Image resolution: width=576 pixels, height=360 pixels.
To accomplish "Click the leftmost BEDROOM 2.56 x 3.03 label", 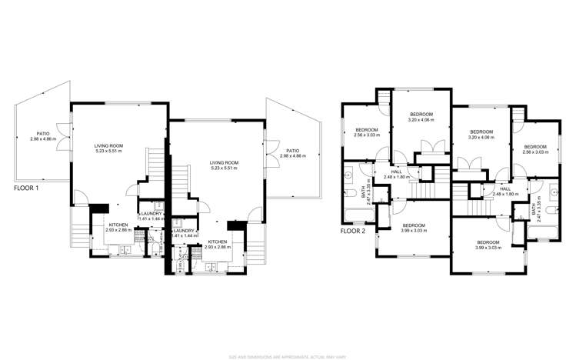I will click(366, 132).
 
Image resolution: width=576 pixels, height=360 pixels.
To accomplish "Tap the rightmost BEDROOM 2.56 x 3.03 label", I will click(535, 149).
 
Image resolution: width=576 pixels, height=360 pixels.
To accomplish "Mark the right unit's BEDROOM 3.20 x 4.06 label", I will click(481, 134).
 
